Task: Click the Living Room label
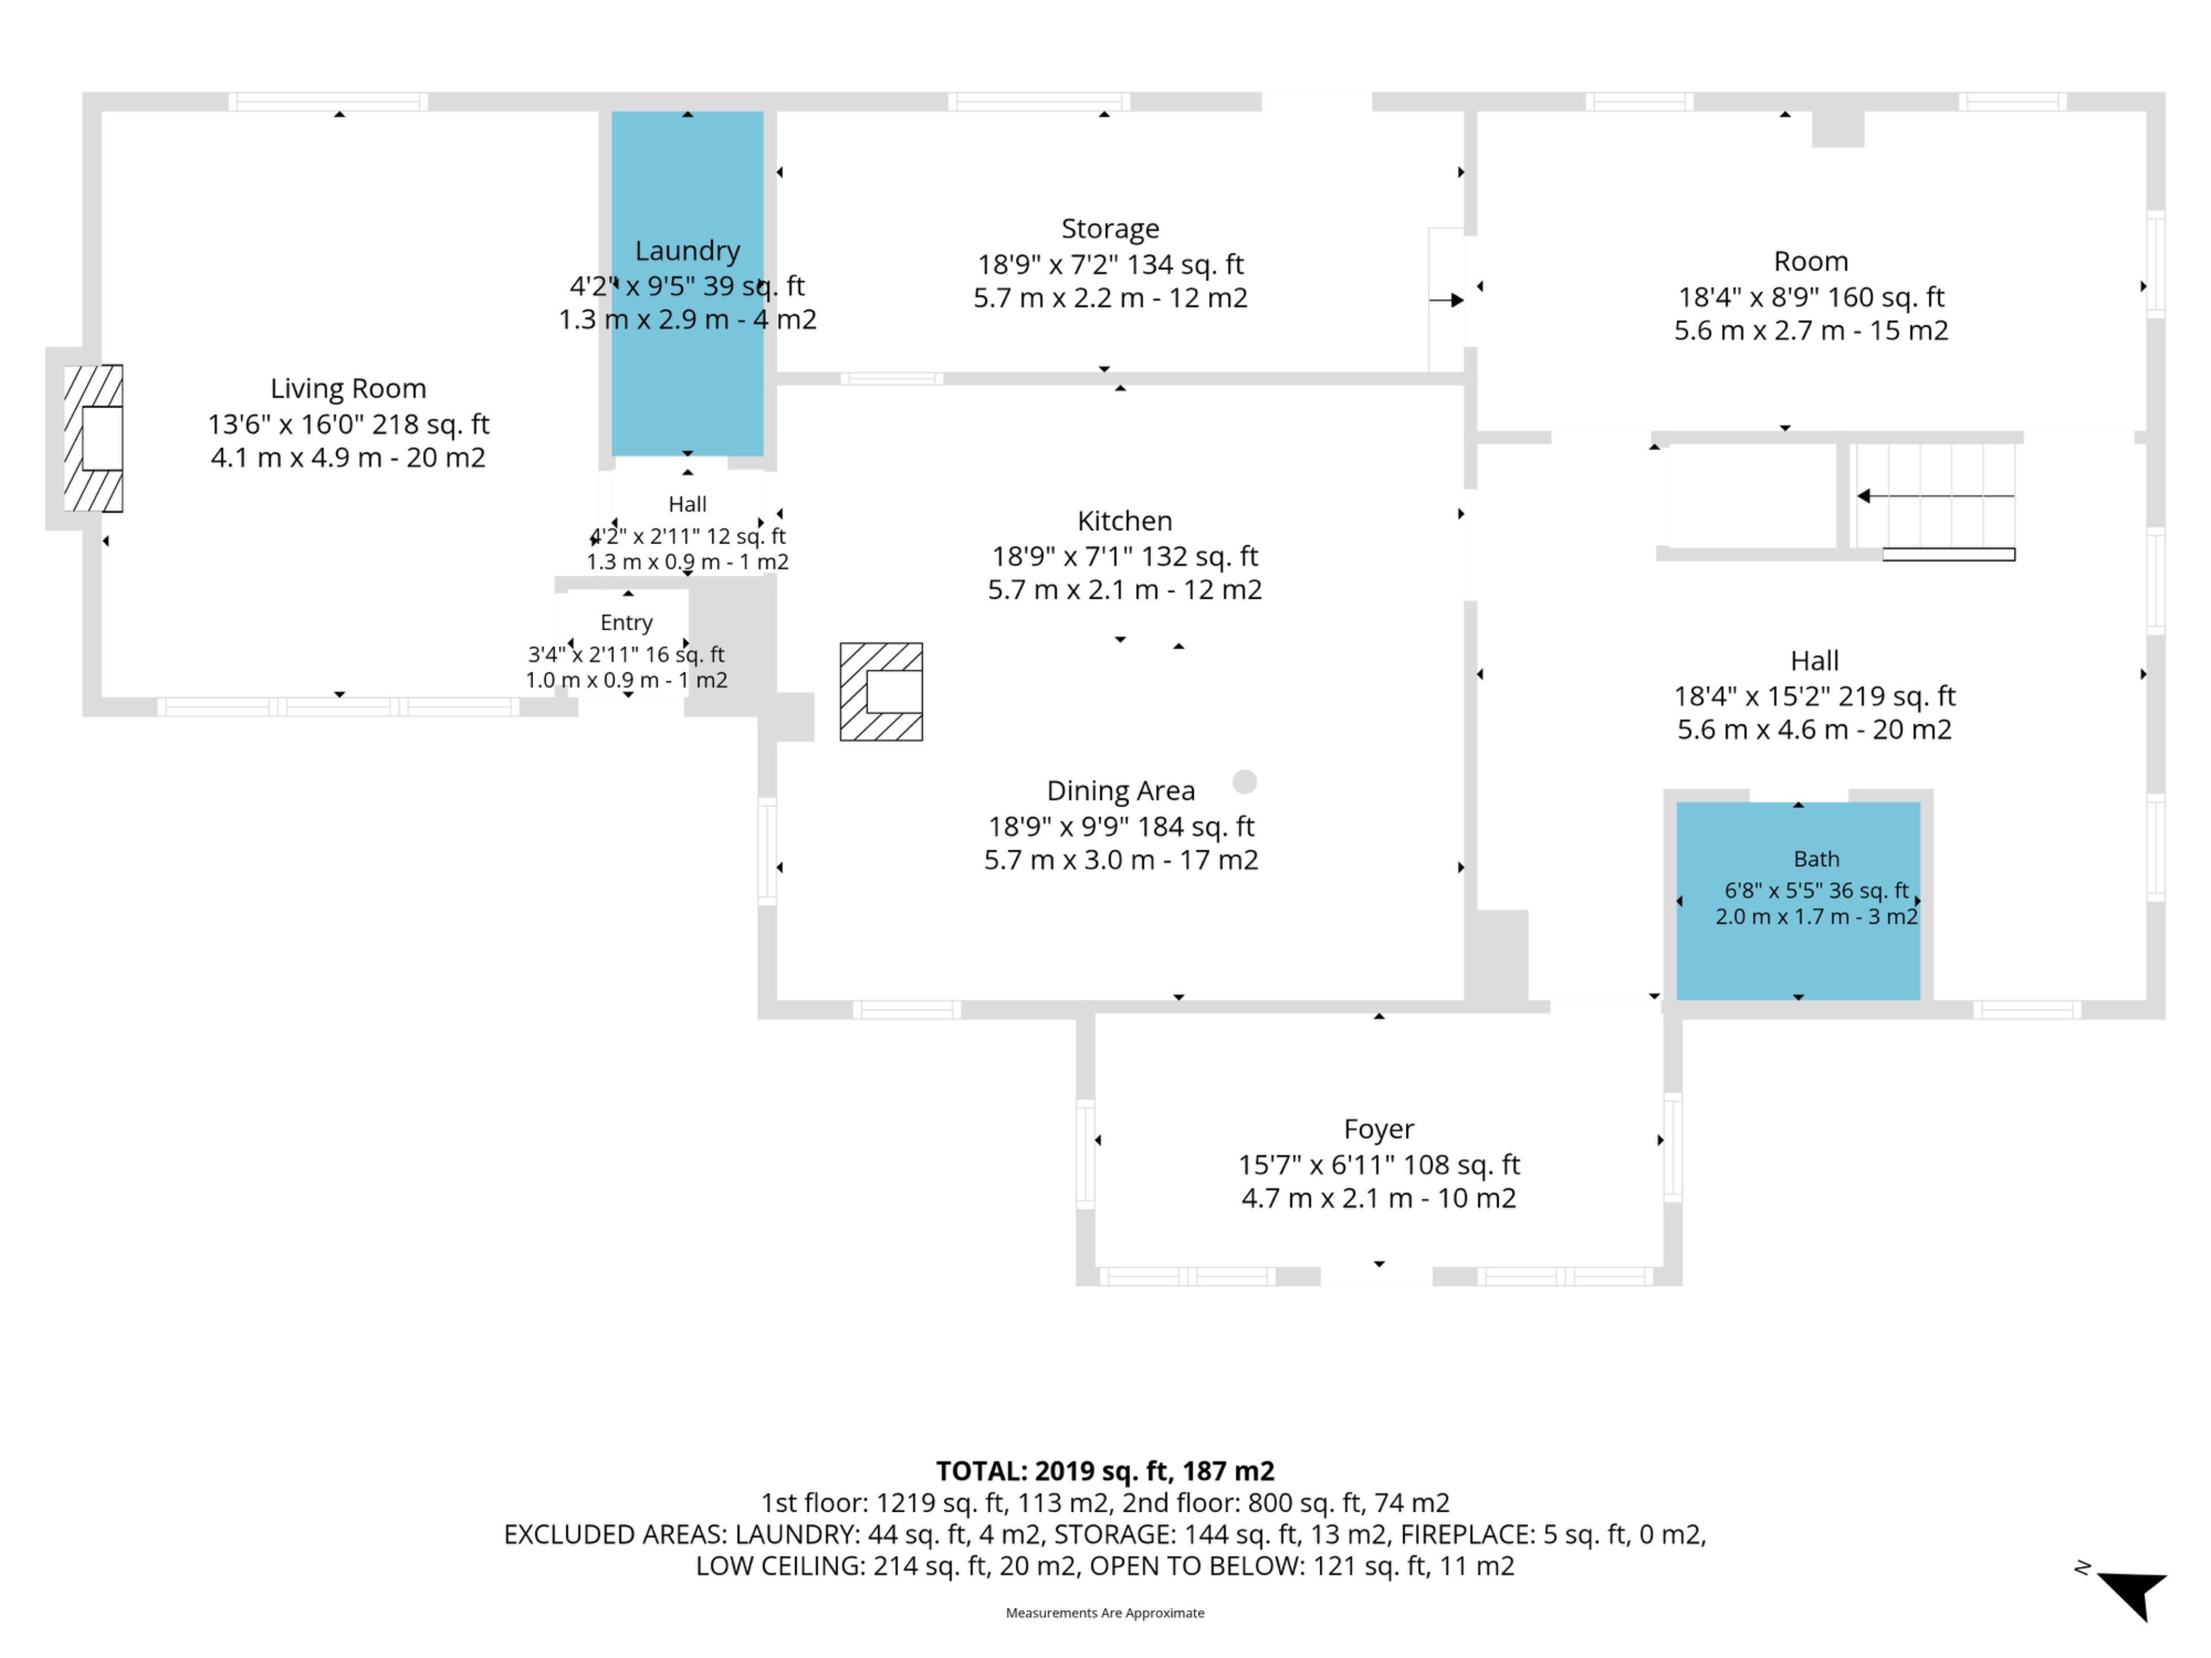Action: coord(348,389)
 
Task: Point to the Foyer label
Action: coord(1378,1130)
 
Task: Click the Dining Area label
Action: coord(1120,790)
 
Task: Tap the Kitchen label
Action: coord(1125,520)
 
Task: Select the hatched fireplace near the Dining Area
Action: coord(880,691)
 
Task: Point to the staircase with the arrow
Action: coord(1934,497)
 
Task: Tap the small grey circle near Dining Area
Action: coord(1244,782)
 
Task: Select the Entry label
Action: coord(626,623)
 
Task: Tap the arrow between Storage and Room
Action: coord(1446,300)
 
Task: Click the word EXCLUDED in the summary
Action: coord(565,1535)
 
